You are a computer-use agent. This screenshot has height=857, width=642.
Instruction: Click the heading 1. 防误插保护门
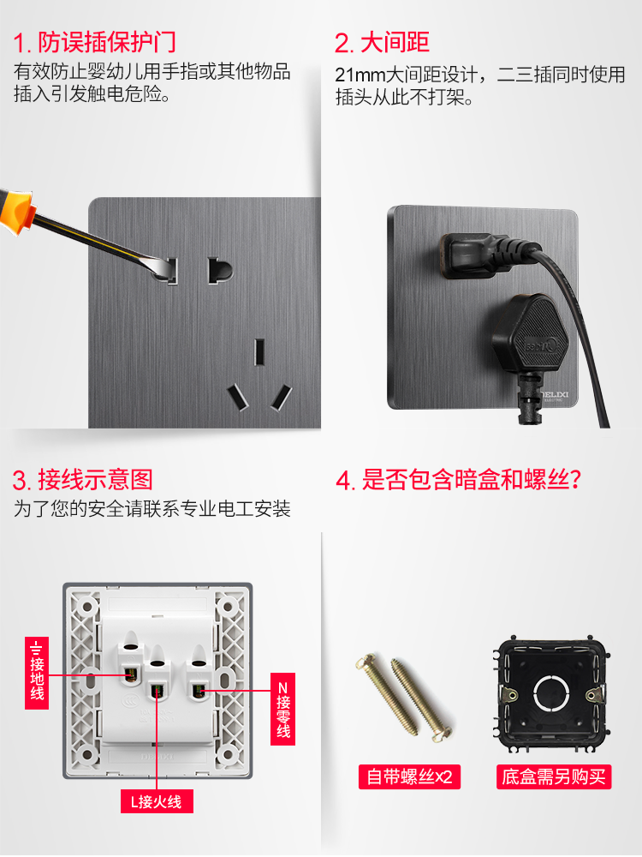tap(94, 42)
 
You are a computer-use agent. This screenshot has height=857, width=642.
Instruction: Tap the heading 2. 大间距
tap(382, 43)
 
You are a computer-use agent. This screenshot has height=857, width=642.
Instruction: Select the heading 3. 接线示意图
tap(82, 480)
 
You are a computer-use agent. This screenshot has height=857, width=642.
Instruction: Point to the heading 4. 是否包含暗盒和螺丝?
tap(458, 480)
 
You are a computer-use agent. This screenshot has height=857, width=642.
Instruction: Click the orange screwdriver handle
tap(16, 211)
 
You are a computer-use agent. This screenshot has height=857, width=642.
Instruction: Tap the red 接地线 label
tap(37, 673)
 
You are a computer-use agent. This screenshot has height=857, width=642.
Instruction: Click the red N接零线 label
tap(282, 709)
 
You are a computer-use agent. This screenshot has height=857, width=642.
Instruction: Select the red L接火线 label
tap(157, 802)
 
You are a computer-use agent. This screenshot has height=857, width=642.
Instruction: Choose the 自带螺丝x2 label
tap(409, 776)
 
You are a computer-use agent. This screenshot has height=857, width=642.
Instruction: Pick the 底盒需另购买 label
tap(554, 776)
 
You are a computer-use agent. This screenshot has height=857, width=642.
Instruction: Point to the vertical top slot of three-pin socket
tap(259, 352)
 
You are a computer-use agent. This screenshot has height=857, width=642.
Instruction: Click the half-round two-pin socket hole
tap(219, 271)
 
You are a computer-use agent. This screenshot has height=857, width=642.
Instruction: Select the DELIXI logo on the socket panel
tap(554, 395)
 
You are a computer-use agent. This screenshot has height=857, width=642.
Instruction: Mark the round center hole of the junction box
tap(551, 693)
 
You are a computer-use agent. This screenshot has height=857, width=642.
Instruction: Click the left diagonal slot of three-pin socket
tap(238, 398)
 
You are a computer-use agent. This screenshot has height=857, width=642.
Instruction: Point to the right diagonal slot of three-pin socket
tap(281, 398)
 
